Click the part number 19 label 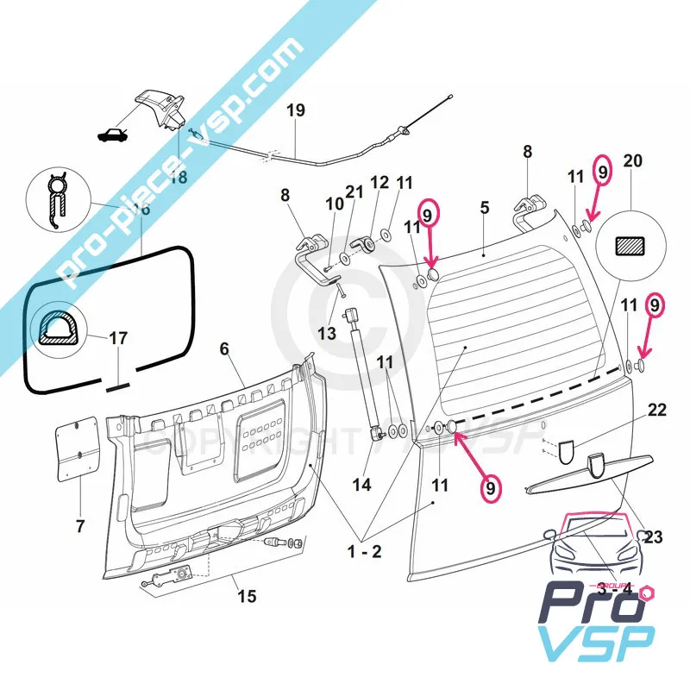[x=295, y=110]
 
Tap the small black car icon [x=112, y=135]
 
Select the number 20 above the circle [x=632, y=161]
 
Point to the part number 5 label [x=484, y=207]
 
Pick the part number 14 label [x=361, y=485]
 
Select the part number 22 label [x=657, y=410]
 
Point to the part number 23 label [x=653, y=537]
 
